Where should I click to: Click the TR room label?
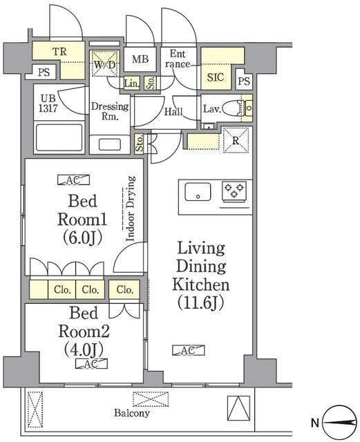(x=59, y=51)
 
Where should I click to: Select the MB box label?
(x=140, y=59)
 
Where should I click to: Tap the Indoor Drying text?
(x=130, y=208)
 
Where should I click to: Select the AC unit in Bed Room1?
(x=73, y=181)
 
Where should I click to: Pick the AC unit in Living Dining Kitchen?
(x=187, y=350)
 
